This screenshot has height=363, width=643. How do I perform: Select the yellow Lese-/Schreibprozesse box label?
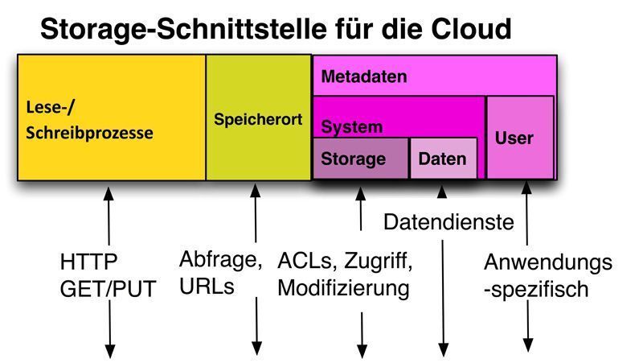pos(89,121)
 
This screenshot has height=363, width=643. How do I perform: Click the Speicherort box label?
pos(258,120)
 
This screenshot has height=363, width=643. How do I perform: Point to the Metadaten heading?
pos(364,77)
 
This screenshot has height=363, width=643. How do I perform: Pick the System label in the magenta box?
pos(352,127)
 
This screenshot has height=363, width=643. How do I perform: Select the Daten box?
pos(442,159)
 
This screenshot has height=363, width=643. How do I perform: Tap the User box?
pos(514,138)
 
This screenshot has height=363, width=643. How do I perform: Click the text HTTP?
pos(89,263)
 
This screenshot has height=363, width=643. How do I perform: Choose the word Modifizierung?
pos(344,287)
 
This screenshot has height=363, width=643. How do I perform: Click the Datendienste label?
pos(448,222)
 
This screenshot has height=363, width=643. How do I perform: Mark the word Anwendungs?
pos(548,263)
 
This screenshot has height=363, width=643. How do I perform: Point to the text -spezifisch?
pos(536,288)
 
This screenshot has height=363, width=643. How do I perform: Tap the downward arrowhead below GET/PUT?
pos(109,352)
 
